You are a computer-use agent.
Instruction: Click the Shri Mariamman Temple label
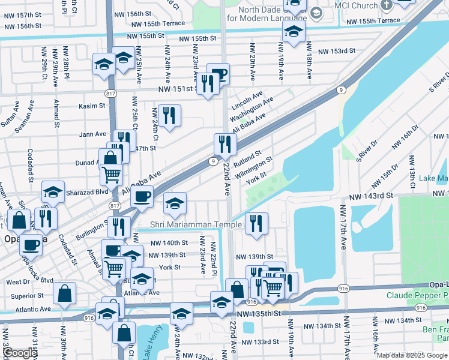click(x=187, y=224)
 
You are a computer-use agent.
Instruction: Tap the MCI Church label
click(x=357, y=6)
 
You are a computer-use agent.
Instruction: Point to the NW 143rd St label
click(x=372, y=196)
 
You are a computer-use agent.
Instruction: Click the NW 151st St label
click(x=178, y=89)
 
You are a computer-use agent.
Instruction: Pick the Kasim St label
click(x=92, y=106)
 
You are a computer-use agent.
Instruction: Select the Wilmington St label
click(x=255, y=168)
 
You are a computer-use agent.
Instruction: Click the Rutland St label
click(x=247, y=160)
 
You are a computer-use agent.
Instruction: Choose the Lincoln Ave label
click(x=247, y=97)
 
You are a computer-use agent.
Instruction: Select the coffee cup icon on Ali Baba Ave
click(x=142, y=196)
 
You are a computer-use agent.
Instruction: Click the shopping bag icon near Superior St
click(x=64, y=294)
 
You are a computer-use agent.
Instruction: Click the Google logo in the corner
click(x=20, y=353)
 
